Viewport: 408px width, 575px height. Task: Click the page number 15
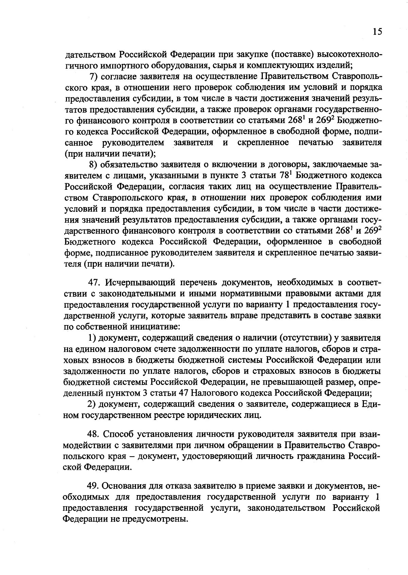(377, 32)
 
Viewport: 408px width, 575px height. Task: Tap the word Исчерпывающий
(140, 283)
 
